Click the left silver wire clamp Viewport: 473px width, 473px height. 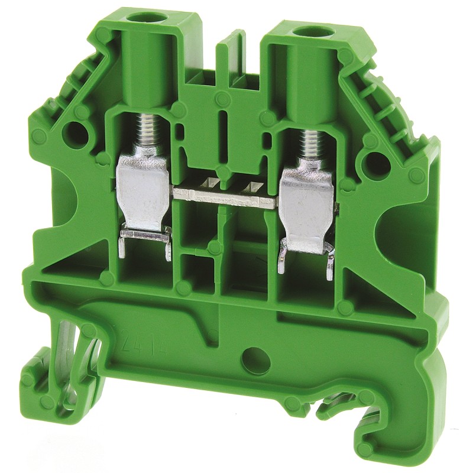click(144, 186)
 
